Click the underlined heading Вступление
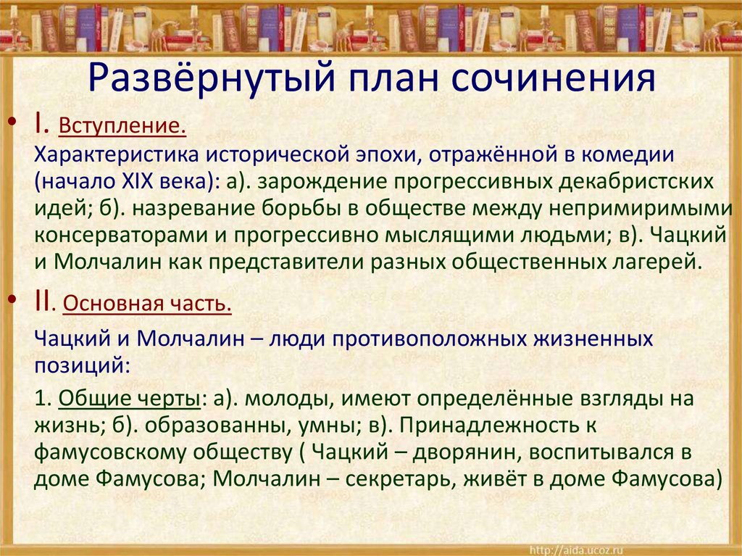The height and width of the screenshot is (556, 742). coord(123,128)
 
